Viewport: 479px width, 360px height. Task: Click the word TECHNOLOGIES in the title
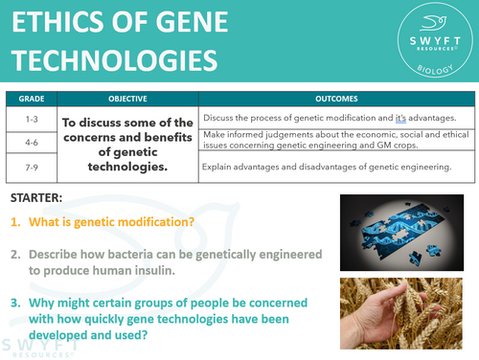(x=113, y=59)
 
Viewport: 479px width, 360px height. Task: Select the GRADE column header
(x=33, y=99)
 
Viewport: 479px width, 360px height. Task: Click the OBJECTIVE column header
(x=126, y=99)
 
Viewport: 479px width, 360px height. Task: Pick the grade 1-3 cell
(x=33, y=117)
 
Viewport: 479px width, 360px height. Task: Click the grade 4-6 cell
(x=33, y=142)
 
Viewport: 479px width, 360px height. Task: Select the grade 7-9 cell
(x=33, y=168)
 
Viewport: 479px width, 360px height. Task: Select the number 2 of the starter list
(x=16, y=256)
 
